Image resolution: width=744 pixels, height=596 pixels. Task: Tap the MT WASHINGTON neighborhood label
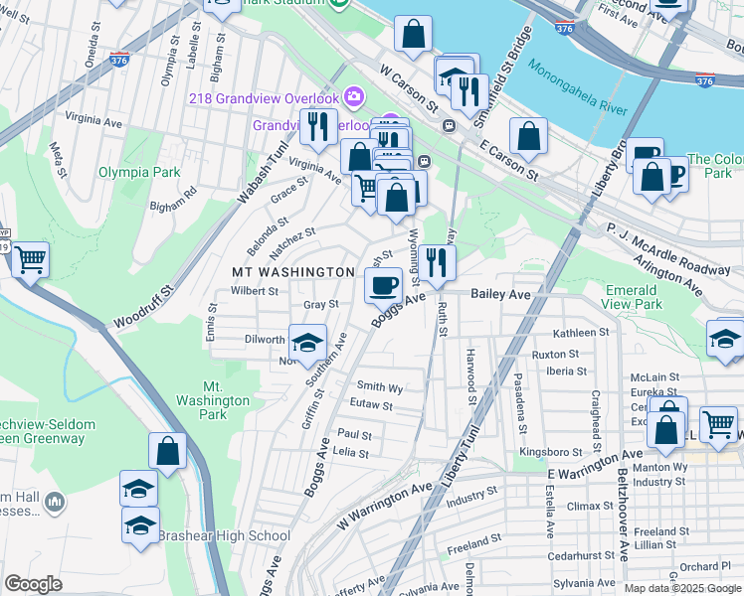(293, 271)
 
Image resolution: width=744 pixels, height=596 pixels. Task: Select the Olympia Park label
(139, 172)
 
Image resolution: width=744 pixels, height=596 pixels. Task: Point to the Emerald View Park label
(633, 297)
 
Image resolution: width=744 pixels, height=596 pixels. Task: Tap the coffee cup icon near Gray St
(383, 287)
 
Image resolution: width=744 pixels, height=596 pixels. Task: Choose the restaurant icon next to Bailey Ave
(436, 262)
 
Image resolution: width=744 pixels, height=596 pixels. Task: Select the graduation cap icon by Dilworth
(308, 343)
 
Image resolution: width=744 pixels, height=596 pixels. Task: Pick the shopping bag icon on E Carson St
(529, 137)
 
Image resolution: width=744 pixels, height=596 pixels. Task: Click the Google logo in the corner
(34, 584)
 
